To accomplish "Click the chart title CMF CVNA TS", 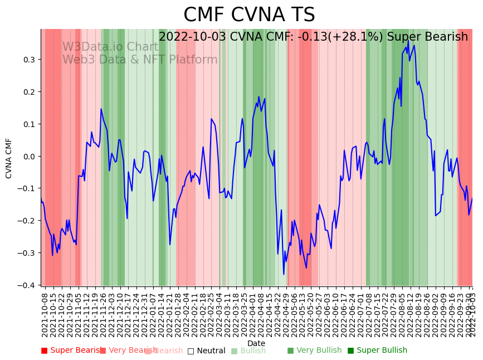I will point(249,15).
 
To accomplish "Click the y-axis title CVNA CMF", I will point(9,158).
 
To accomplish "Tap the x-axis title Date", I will point(256,343).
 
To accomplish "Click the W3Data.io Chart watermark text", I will point(110,47).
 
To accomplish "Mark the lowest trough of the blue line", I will point(284,274).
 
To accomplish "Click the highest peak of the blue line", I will point(408,40).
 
